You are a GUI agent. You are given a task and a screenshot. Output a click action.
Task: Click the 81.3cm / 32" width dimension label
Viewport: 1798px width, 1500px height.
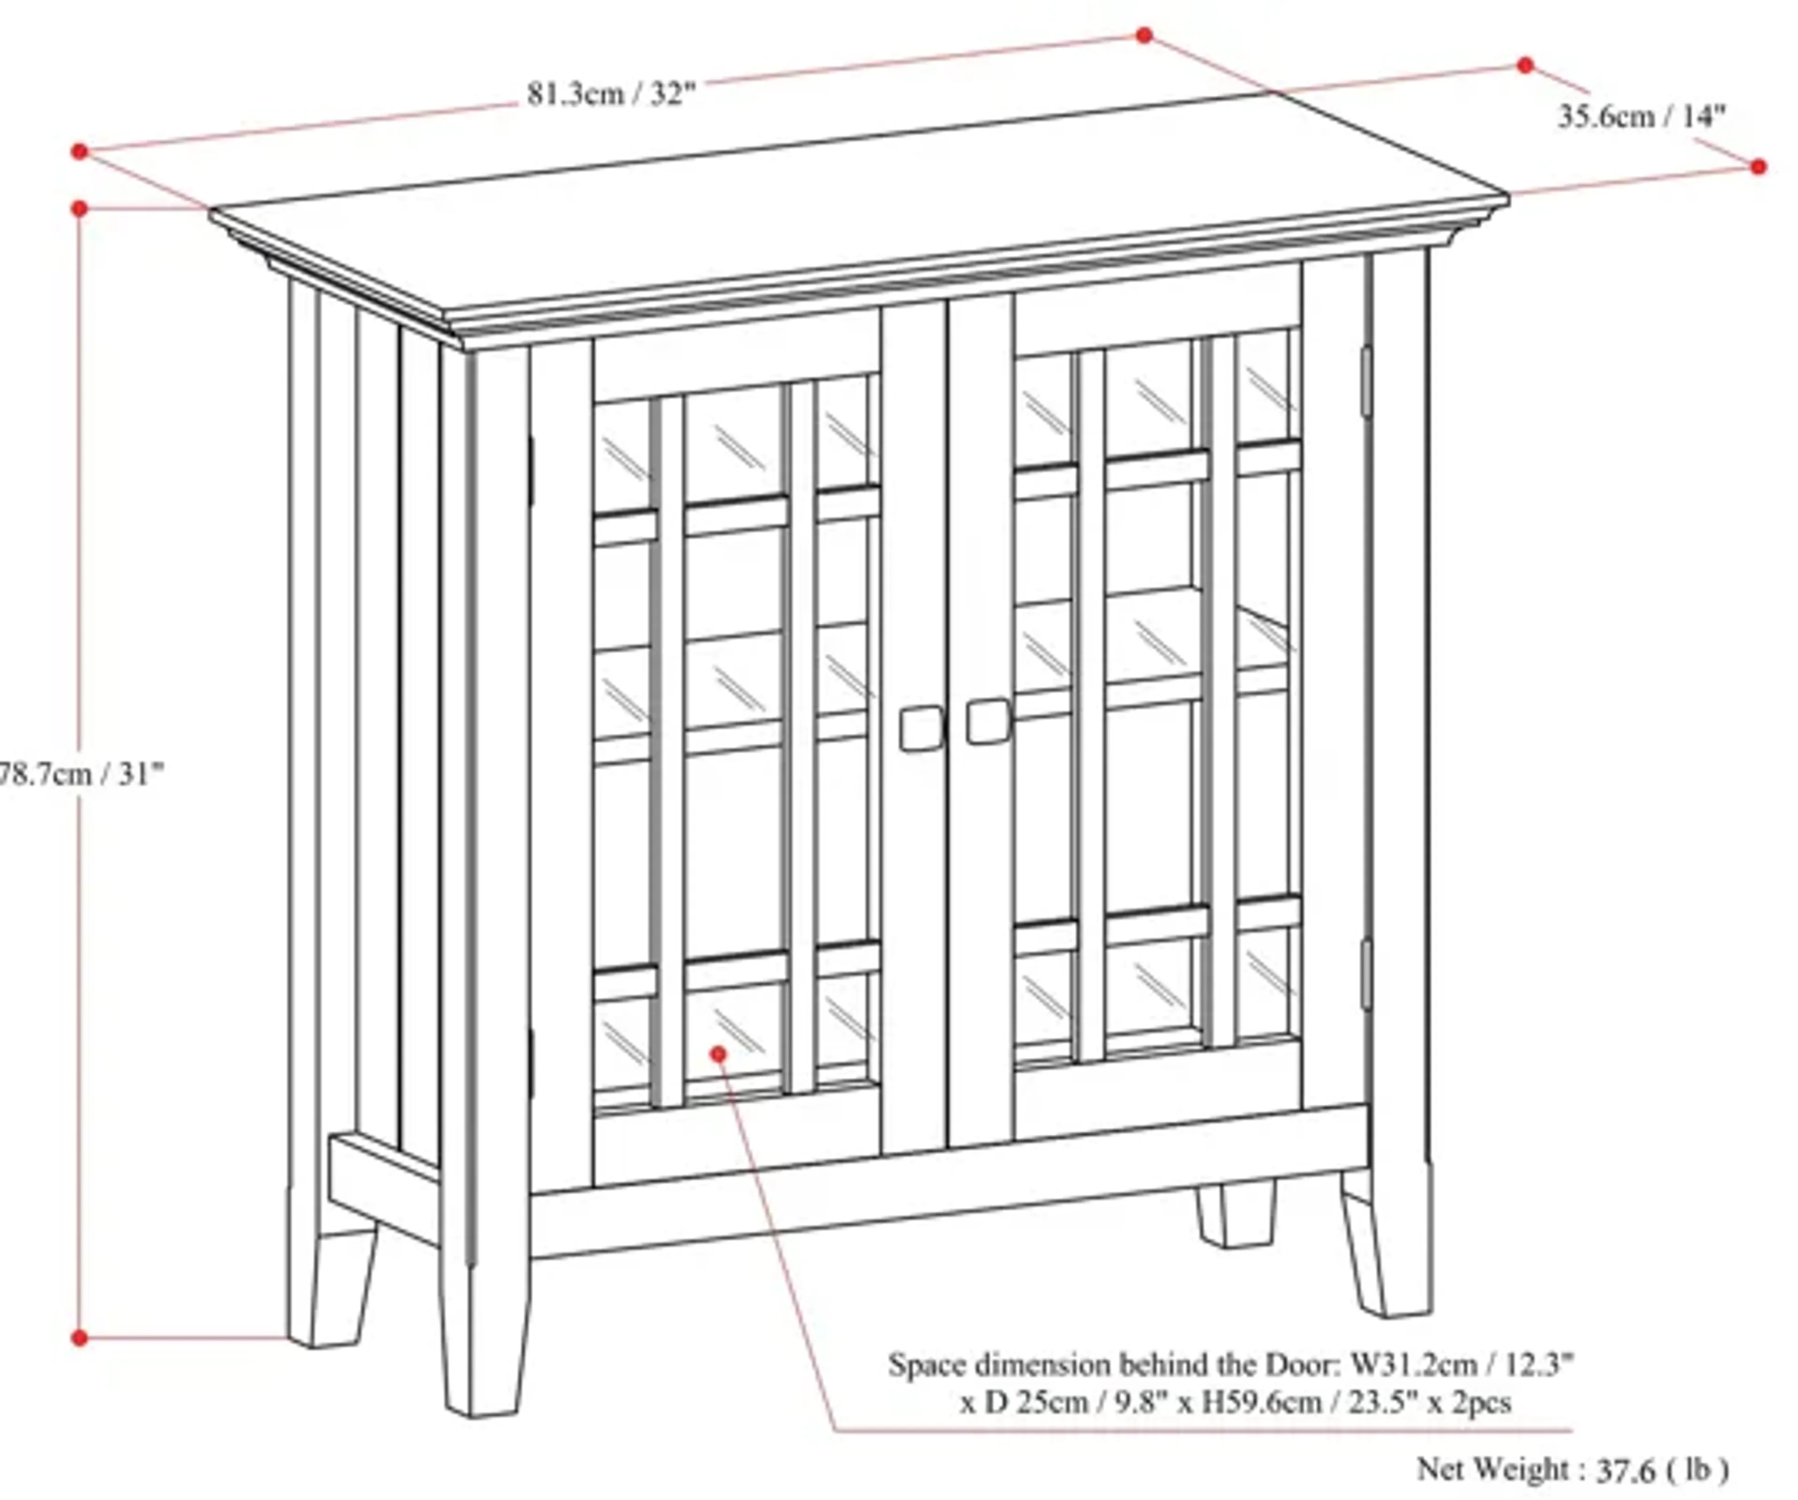click(x=612, y=92)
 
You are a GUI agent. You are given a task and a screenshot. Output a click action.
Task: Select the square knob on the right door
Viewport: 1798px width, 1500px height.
click(x=988, y=721)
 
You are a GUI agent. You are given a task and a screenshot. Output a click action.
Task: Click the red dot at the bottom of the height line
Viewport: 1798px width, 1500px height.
click(x=80, y=1338)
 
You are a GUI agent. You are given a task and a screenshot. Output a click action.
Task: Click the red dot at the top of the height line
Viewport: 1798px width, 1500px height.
click(x=80, y=208)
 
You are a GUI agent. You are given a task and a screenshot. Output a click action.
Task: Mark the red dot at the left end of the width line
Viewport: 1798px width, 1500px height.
click(x=80, y=152)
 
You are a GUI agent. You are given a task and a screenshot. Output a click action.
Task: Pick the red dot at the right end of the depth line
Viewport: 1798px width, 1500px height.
click(x=1758, y=167)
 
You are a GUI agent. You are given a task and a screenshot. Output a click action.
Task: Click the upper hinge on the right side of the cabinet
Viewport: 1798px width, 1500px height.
click(x=1366, y=381)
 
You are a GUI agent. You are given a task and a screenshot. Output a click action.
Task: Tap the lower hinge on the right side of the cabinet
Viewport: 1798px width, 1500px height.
click(x=1366, y=974)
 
